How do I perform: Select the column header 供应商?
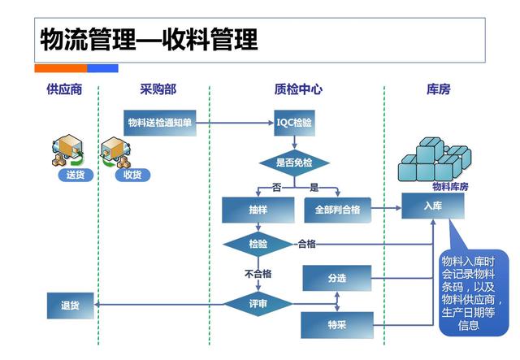click(x=64, y=89)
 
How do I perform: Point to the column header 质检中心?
click(x=297, y=89)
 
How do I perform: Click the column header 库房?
click(x=439, y=89)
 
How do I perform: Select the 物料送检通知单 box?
click(x=160, y=123)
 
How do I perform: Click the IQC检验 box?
click(x=294, y=123)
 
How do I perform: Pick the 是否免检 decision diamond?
click(x=294, y=163)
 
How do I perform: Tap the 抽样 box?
click(x=258, y=210)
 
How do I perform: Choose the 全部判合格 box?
click(x=337, y=210)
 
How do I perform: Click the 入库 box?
click(x=432, y=206)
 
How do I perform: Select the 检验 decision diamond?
click(x=258, y=244)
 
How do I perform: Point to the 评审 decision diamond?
click(x=258, y=304)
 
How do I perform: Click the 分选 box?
click(x=336, y=278)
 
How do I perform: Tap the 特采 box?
click(x=336, y=325)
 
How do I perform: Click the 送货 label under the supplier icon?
click(x=75, y=175)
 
